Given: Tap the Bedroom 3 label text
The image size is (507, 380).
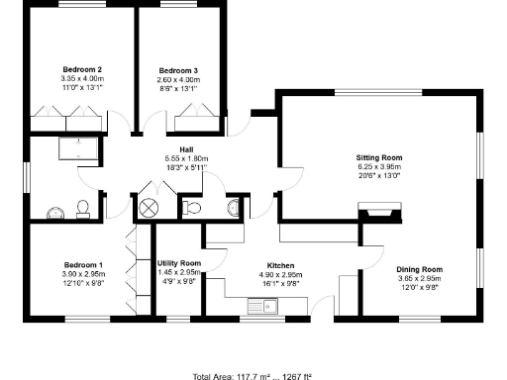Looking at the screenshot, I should pos(179,70).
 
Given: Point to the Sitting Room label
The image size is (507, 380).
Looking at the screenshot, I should pos(379,157).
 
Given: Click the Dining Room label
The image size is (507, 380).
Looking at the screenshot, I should pos(419,269).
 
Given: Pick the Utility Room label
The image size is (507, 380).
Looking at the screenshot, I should pos(178,263).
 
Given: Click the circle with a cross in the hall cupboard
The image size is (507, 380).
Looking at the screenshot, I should pos(150,207).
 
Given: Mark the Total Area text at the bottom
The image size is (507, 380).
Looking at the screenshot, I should pos(253,375).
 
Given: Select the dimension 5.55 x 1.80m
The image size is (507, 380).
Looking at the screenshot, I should pos(185,158).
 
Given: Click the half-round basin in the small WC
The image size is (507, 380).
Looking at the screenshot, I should pos(233,207).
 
